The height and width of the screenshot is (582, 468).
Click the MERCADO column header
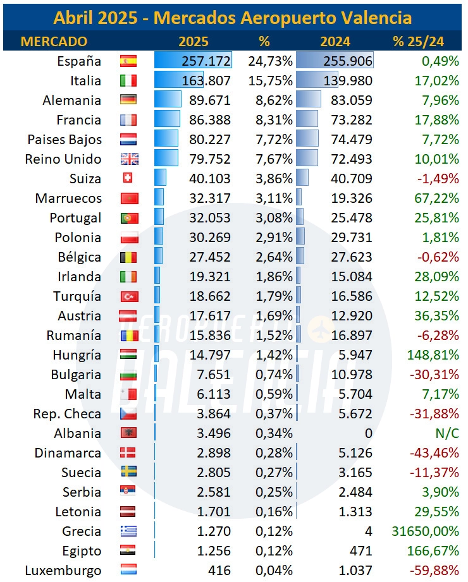54,41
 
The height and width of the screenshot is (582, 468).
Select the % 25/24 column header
418,41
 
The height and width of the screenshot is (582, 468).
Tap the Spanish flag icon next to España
128,61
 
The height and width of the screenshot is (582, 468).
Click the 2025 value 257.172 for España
206,61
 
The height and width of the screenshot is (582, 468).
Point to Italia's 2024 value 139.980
348,80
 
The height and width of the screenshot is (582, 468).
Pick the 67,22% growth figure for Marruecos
437,198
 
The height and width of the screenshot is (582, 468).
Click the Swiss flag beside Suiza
128,178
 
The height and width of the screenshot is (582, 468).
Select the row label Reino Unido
63,159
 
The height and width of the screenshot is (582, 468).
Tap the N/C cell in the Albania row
447,433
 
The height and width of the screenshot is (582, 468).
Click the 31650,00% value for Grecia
426,531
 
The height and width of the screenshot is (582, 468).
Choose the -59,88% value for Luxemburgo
434,570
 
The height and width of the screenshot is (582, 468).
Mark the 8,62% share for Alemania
274,100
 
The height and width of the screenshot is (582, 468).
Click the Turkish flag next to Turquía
129,296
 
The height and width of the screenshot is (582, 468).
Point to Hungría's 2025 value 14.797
210,355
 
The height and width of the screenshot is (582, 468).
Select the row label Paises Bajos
65,140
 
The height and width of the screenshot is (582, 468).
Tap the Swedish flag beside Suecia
129,471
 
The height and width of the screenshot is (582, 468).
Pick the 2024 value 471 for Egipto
360,551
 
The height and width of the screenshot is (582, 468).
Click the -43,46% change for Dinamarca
434,453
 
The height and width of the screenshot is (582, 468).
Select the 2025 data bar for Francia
167,119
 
